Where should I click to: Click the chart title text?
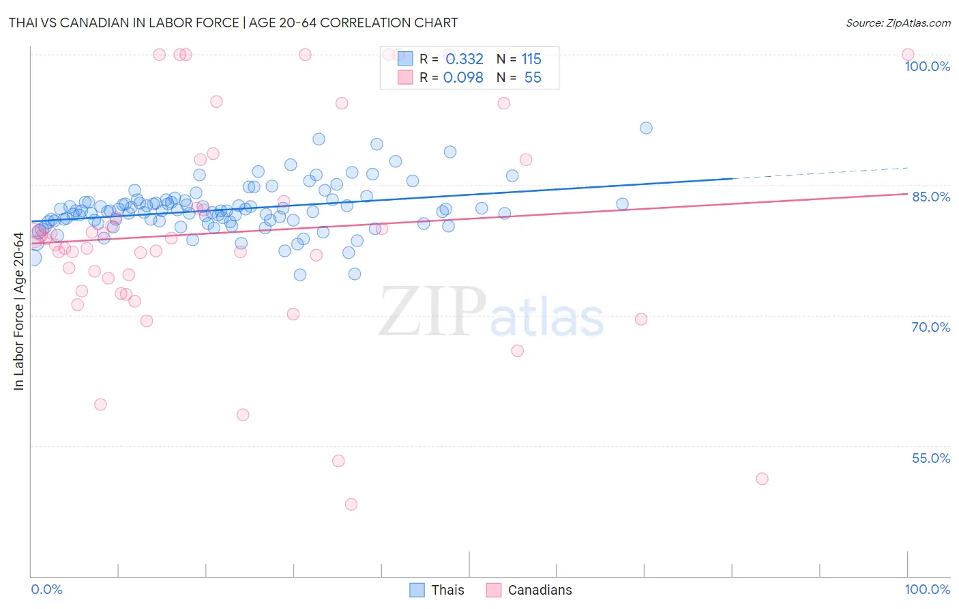point(233,23)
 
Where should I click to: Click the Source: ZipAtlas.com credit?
point(898,23)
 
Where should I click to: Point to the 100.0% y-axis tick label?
point(927,66)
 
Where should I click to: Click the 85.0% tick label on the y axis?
point(930,197)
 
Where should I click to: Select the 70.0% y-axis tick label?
point(930,327)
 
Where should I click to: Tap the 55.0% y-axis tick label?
point(930,458)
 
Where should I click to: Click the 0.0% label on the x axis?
point(46,589)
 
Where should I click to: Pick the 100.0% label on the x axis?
point(927,589)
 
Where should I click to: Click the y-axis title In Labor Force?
point(18,311)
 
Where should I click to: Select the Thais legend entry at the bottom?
point(447,590)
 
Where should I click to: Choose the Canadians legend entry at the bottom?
point(540,590)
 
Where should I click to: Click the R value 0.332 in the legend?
point(464,59)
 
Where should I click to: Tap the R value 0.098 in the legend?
point(463,78)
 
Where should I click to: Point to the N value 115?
point(531,59)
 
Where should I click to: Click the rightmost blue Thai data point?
point(646,128)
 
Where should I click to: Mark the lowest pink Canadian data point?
point(351,505)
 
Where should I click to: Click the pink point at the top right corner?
point(908,55)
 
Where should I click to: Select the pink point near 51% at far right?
point(762,479)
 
